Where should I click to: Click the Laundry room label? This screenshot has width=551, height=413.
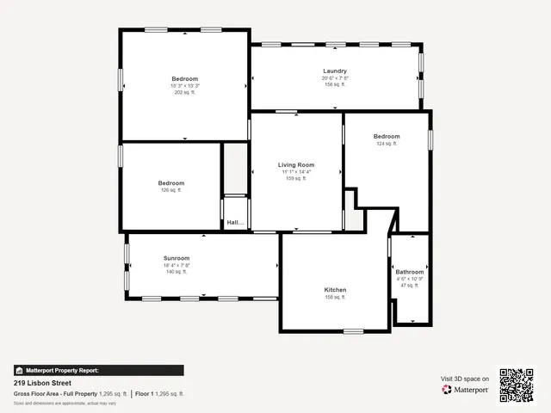tap(335, 71)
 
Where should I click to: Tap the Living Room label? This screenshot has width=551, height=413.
tap(295, 164)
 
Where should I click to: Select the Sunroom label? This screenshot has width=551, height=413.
tap(176, 258)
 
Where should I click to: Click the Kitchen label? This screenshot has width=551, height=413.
tap(335, 290)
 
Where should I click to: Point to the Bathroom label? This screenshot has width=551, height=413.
tap(409, 272)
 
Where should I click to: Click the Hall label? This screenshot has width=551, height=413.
tap(235, 224)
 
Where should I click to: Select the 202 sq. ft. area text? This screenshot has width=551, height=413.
tap(184, 92)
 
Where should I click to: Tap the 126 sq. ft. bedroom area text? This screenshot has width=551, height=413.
tap(171, 190)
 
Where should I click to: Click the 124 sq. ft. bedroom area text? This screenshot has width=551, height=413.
tap(386, 144)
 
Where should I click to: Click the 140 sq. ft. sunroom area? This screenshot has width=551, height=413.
tap(176, 271)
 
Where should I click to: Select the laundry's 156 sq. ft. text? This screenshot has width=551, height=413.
tap(335, 84)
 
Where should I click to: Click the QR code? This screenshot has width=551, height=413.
tap(517, 385)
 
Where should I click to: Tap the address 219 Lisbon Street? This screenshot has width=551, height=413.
tap(42, 383)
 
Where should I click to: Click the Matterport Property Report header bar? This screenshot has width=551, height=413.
tap(98, 370)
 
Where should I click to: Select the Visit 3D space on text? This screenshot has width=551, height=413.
tap(465, 379)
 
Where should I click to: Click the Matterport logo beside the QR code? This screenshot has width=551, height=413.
tap(466, 390)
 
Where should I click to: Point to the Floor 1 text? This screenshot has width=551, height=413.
tap(147, 393)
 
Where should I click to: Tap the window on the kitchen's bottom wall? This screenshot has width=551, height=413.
tap(354, 331)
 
